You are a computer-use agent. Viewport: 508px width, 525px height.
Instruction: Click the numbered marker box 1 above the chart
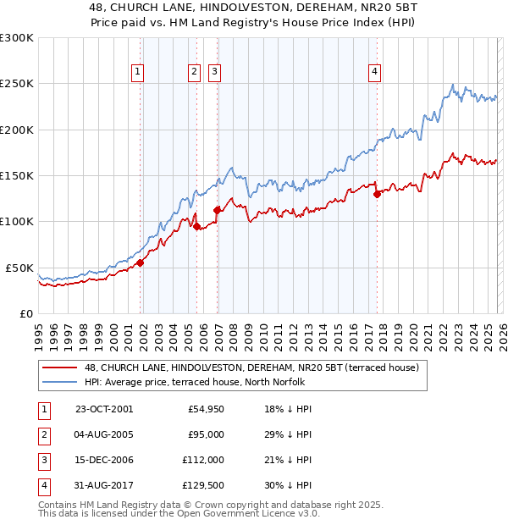[137, 72]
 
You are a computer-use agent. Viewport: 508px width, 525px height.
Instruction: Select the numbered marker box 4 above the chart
[373, 72]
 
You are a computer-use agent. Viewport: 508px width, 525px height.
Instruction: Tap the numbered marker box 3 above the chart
[215, 72]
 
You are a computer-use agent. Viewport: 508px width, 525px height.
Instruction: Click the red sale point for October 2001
[141, 262]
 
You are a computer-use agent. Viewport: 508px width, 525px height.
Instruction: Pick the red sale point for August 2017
[378, 194]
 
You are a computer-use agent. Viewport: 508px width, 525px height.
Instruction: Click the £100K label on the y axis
[17, 221]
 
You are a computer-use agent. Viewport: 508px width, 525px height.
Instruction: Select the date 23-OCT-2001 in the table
[104, 409]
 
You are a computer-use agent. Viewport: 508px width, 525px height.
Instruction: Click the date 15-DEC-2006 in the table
[104, 460]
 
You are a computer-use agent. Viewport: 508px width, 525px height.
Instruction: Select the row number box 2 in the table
[43, 434]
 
